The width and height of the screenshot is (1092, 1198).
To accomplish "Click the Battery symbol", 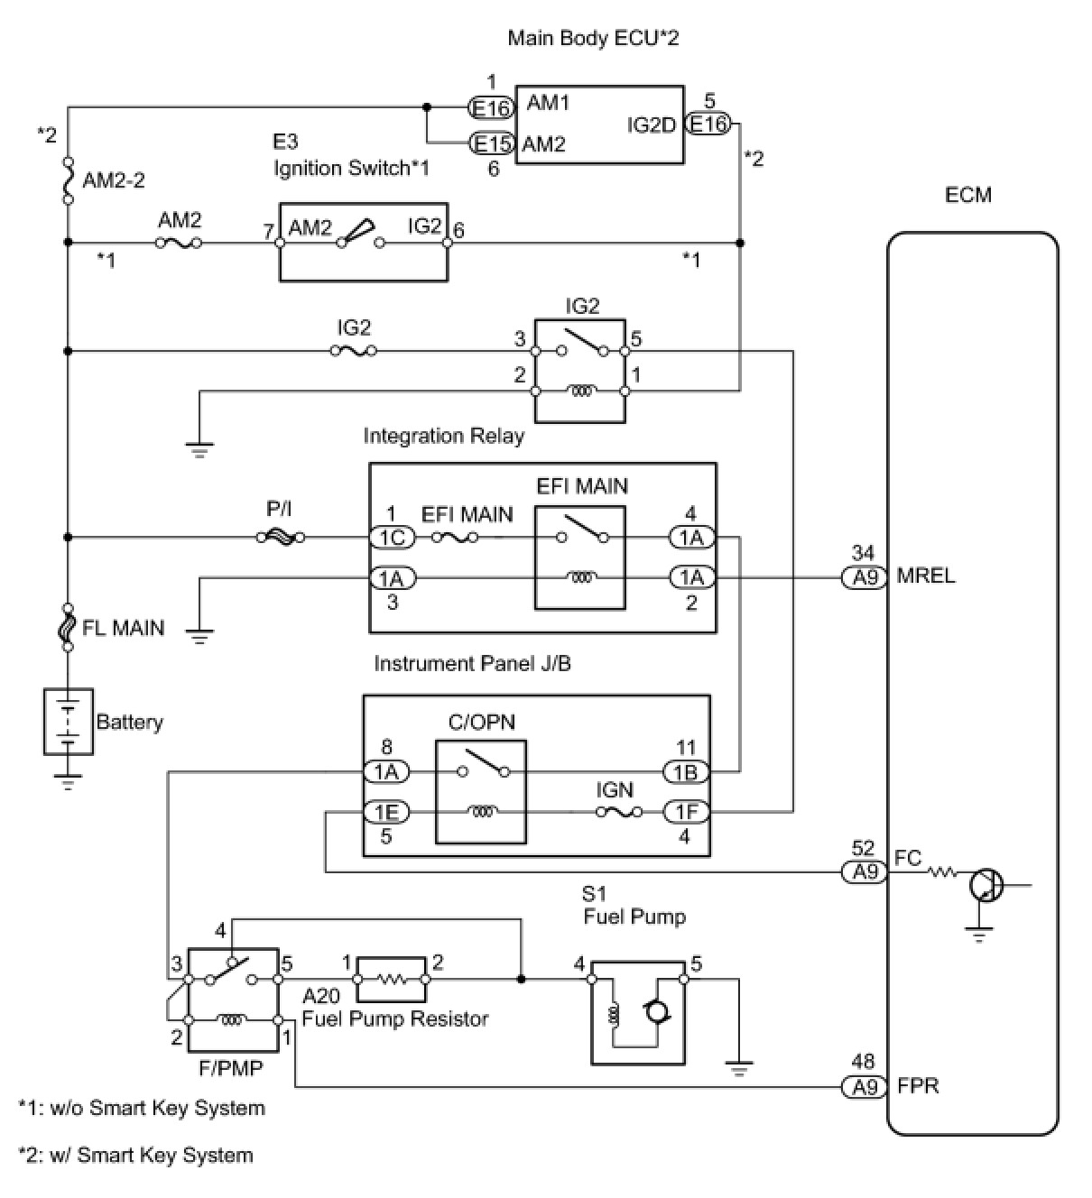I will (68, 721).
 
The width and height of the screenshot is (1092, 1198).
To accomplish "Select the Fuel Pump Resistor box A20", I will (392, 979).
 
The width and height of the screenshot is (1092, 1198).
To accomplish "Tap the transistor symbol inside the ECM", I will (986, 885).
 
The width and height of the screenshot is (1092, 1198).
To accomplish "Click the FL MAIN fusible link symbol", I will (68, 627).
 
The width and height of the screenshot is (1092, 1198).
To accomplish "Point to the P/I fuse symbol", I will (280, 537).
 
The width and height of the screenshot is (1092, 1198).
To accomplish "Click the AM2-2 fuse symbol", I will (68, 180).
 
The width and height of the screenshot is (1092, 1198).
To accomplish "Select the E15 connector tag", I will (493, 143).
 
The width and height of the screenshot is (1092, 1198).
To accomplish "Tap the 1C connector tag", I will (392, 538).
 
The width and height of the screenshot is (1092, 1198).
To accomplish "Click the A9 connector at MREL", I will (865, 576).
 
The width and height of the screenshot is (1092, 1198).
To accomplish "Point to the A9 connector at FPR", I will (865, 1086).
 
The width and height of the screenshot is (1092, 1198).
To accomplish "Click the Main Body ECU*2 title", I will (592, 38).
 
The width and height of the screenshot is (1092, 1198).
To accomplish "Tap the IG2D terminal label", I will (651, 125).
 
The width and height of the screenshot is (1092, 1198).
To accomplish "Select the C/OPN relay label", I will (482, 723).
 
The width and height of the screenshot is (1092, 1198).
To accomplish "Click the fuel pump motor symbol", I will (654, 1013).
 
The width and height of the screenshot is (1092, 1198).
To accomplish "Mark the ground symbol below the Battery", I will (68, 780).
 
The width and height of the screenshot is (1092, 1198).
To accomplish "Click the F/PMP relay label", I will (231, 1068).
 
